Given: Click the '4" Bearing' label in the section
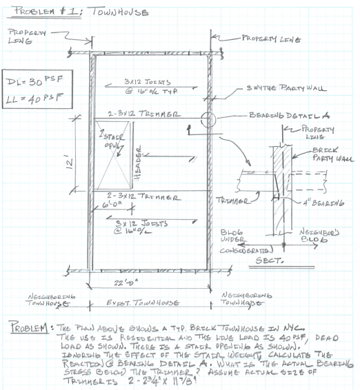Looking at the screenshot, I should pos(318,203).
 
